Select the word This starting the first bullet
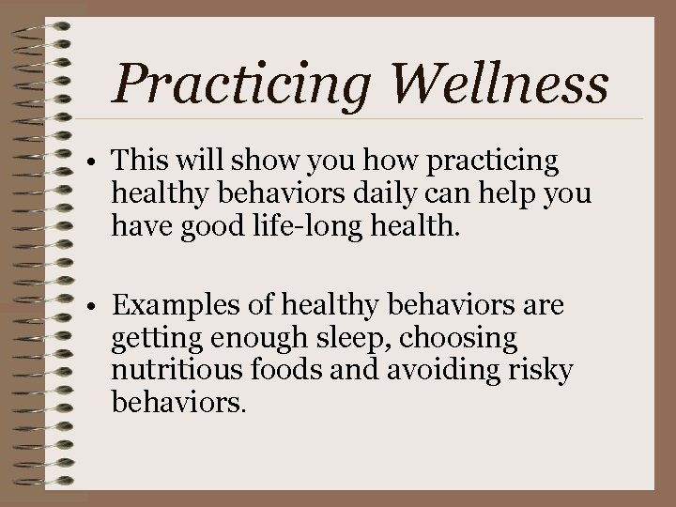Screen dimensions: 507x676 (x=141, y=162)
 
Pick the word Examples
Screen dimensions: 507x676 (x=176, y=306)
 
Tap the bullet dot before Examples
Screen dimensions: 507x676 (x=97, y=308)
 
